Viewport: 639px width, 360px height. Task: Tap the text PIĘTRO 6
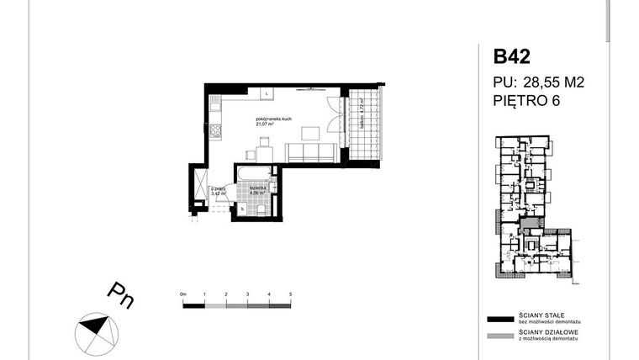click(526, 101)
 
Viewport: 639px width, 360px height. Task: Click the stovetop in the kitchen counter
click(214, 130)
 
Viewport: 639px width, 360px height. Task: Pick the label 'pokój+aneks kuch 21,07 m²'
click(275, 123)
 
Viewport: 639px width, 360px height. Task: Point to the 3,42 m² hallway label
click(218, 192)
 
